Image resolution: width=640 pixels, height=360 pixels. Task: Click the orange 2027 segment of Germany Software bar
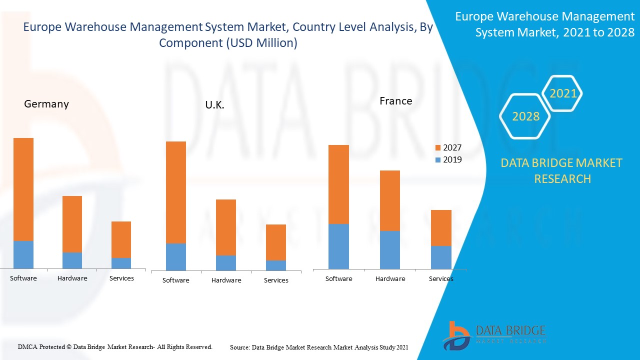pos(23,189)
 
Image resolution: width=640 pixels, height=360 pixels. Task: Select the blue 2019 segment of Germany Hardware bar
pos(72,260)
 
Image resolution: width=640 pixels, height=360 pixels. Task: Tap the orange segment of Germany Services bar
pos(121,239)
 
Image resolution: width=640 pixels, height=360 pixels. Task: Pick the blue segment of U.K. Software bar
pos(175,256)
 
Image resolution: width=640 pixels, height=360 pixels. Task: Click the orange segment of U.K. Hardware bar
pos(225,227)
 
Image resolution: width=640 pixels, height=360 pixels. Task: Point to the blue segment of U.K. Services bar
pos(275,265)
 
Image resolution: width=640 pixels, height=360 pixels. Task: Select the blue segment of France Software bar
pos(338,246)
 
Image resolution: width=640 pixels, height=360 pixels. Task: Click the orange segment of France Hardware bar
pos(389,200)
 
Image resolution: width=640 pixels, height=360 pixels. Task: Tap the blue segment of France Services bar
pos(441,257)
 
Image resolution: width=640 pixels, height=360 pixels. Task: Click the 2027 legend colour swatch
pos(438,148)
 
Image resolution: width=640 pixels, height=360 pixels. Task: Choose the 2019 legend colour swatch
pos(438,160)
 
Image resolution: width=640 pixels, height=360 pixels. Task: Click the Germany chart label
pos(46,104)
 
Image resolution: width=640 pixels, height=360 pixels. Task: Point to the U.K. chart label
pos(214,105)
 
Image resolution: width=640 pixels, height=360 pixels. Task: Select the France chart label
pos(395,101)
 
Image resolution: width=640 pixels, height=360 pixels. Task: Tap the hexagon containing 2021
pos(563,93)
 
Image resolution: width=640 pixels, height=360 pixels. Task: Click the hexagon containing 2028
pos(525,116)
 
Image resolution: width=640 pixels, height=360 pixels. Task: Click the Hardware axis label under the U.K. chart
pos(226,280)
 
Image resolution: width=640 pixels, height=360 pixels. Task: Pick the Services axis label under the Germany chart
pos(121,278)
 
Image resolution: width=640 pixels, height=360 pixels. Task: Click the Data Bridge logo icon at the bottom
pos(455,335)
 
